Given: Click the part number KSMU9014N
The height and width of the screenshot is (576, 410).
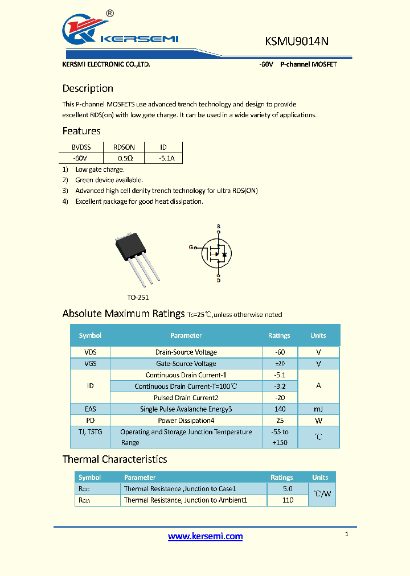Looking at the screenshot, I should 297,41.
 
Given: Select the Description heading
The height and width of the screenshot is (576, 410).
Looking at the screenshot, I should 88,88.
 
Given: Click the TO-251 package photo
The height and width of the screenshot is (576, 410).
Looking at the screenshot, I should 136,260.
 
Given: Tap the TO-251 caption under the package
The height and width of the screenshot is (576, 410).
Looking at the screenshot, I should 138,297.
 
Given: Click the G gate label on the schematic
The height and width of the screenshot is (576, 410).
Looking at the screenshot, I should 191,247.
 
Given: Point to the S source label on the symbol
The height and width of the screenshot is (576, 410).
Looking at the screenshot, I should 218,227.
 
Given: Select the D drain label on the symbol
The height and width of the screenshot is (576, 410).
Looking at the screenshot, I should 218,280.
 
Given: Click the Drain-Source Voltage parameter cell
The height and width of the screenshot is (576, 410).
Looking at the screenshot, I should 186,352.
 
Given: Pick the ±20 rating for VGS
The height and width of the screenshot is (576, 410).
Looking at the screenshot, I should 279,364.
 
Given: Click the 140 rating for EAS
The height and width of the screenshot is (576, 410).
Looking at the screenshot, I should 279,409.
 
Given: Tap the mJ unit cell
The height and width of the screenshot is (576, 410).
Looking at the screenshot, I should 318,409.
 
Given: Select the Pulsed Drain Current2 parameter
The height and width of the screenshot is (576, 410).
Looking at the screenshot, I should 186,398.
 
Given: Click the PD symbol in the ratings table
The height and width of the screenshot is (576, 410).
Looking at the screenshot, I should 90,421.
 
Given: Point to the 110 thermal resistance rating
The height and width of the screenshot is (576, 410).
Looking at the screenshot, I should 288,500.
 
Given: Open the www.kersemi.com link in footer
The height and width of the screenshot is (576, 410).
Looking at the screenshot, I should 205,536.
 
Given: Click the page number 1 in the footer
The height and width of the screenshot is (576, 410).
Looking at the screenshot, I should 347,534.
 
